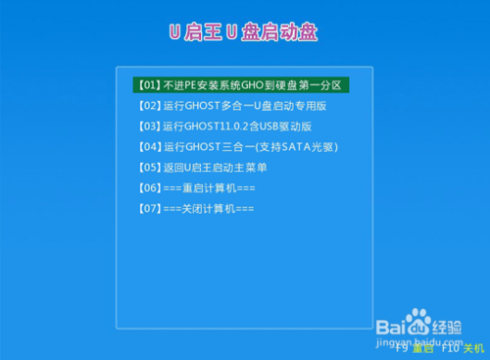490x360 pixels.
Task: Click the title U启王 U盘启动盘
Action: point(244,31)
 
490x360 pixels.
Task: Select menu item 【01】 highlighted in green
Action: point(241,84)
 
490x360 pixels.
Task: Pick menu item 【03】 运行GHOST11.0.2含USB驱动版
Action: point(223,126)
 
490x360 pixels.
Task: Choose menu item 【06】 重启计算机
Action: point(197,187)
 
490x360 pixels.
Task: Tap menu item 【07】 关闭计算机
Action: point(197,208)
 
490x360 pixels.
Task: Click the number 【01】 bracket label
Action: point(148,84)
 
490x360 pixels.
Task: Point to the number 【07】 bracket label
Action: point(148,208)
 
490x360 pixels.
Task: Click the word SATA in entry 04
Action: point(292,146)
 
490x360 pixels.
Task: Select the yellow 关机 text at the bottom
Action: point(472,347)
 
